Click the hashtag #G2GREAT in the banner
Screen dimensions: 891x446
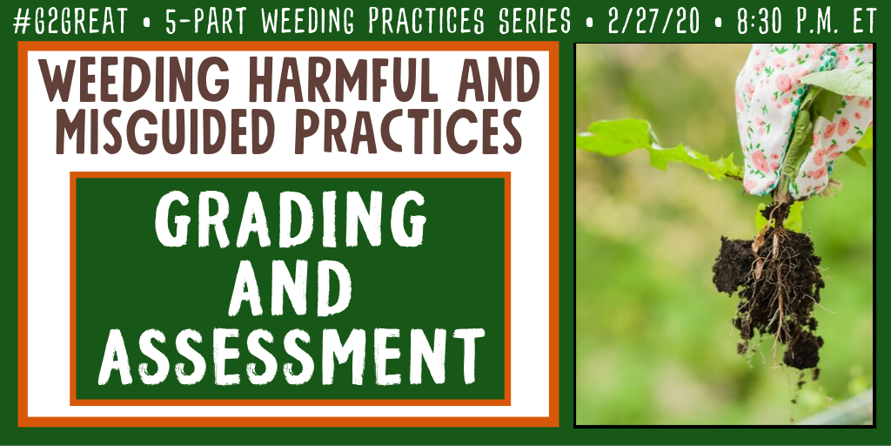click(70, 22)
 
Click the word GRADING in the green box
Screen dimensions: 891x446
click(291, 219)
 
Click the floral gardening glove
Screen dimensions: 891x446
click(804, 118)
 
